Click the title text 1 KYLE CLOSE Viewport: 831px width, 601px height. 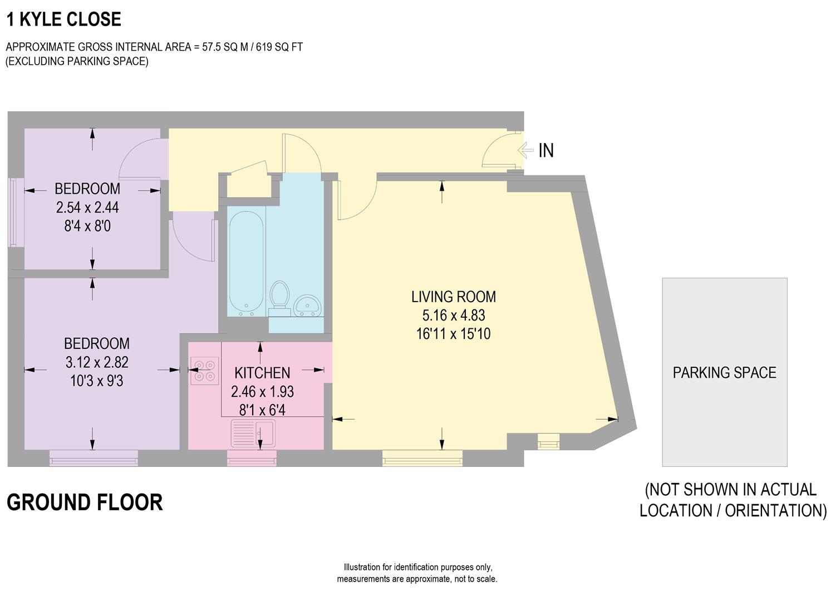point(63,19)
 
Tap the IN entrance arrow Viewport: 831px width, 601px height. point(526,150)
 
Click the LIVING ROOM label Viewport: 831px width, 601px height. point(453,297)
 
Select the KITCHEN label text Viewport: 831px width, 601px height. point(262,372)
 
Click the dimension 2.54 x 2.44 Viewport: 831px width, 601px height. point(87,208)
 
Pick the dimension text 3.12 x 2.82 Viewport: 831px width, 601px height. point(97,362)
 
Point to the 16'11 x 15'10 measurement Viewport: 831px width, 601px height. point(453,334)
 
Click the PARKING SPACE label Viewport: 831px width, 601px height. point(724,372)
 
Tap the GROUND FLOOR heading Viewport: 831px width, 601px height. point(85,502)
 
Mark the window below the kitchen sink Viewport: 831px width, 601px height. point(252,459)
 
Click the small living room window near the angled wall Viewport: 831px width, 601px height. point(548,442)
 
